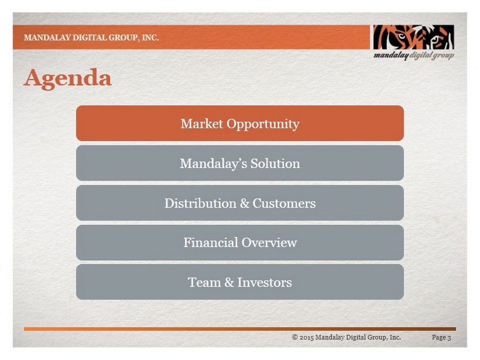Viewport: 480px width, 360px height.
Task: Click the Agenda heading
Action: [67, 78]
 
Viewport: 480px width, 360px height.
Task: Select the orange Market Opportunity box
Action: [239, 123]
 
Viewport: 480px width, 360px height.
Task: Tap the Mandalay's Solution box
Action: [239, 163]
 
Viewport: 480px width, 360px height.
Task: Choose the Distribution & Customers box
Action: [239, 203]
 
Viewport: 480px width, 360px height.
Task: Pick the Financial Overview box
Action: [239, 243]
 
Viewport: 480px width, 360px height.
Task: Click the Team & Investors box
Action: [239, 282]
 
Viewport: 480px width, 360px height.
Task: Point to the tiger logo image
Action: [413, 37]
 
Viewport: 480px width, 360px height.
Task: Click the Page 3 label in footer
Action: [442, 337]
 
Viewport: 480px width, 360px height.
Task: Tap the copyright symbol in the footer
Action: [295, 337]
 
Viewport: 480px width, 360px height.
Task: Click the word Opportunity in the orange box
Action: [263, 124]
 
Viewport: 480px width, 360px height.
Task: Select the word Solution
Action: [275, 163]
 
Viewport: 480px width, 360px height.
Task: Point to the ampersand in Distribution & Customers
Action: [245, 203]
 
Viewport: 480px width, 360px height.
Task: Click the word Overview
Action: [269, 243]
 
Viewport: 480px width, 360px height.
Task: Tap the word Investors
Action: [264, 282]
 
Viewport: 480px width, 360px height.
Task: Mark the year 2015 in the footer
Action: [307, 337]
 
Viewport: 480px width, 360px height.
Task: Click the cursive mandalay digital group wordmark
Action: [413, 56]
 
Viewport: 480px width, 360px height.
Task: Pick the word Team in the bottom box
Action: [204, 282]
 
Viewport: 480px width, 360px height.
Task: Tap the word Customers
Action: [284, 203]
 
